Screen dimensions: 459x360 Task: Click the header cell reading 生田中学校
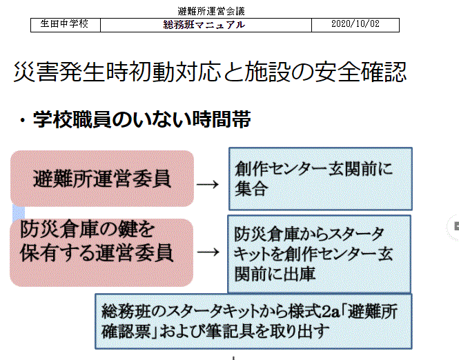pyautogui.click(x=66, y=25)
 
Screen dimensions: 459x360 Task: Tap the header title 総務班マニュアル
pyautogui.click(x=204, y=25)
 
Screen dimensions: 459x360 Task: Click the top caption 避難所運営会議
pyautogui.click(x=211, y=11)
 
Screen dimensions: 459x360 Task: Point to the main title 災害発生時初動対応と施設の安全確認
pyautogui.click(x=210, y=72)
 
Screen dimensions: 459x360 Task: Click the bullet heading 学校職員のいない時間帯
pyautogui.click(x=142, y=119)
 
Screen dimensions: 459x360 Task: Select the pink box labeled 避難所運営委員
pyautogui.click(x=102, y=179)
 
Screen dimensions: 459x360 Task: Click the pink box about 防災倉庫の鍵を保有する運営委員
pyautogui.click(x=101, y=252)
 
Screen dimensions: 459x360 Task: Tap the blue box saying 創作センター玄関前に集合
pyautogui.click(x=320, y=179)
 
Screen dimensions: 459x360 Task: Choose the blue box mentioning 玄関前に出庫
pyautogui.click(x=319, y=254)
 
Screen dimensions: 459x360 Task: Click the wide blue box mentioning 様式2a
pyautogui.click(x=253, y=321)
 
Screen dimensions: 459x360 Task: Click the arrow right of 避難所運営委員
pyautogui.click(x=208, y=185)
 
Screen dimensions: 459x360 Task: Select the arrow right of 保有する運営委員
pyautogui.click(x=208, y=252)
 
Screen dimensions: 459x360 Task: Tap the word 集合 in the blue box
pyautogui.click(x=251, y=189)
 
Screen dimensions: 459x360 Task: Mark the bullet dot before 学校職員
pyautogui.click(x=22, y=121)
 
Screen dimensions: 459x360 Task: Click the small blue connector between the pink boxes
pyautogui.click(x=19, y=212)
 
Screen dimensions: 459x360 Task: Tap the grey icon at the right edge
pyautogui.click(x=455, y=227)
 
